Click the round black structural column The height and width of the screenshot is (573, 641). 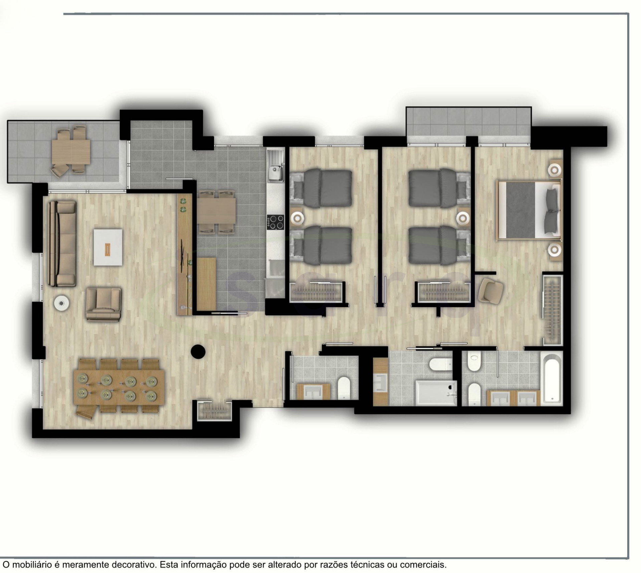click(198, 351)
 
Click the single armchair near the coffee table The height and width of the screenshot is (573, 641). click(103, 304)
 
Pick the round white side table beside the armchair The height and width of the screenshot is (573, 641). click(62, 303)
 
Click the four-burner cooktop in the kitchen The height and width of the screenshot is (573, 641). click(275, 222)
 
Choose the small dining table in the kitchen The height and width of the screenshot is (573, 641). click(216, 211)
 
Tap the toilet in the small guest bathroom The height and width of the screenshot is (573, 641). click(344, 388)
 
